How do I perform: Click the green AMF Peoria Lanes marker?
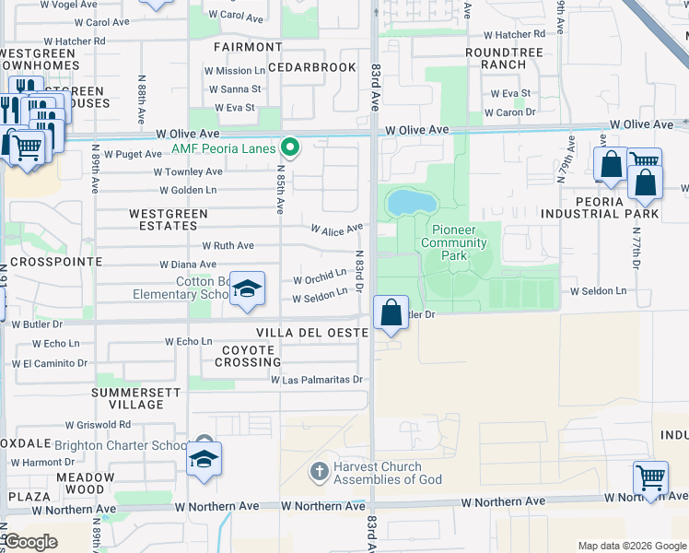point(291,147)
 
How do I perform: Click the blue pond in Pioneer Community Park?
point(405,202)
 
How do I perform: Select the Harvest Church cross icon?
point(319,472)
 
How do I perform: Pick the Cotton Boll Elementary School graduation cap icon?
point(246,290)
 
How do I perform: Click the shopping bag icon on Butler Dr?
point(391,312)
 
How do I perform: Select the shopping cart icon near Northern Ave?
point(650,478)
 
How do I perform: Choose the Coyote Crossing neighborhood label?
point(247,357)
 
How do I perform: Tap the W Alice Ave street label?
point(336,229)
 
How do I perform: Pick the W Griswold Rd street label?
point(98,425)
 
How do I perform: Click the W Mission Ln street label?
point(234,71)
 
